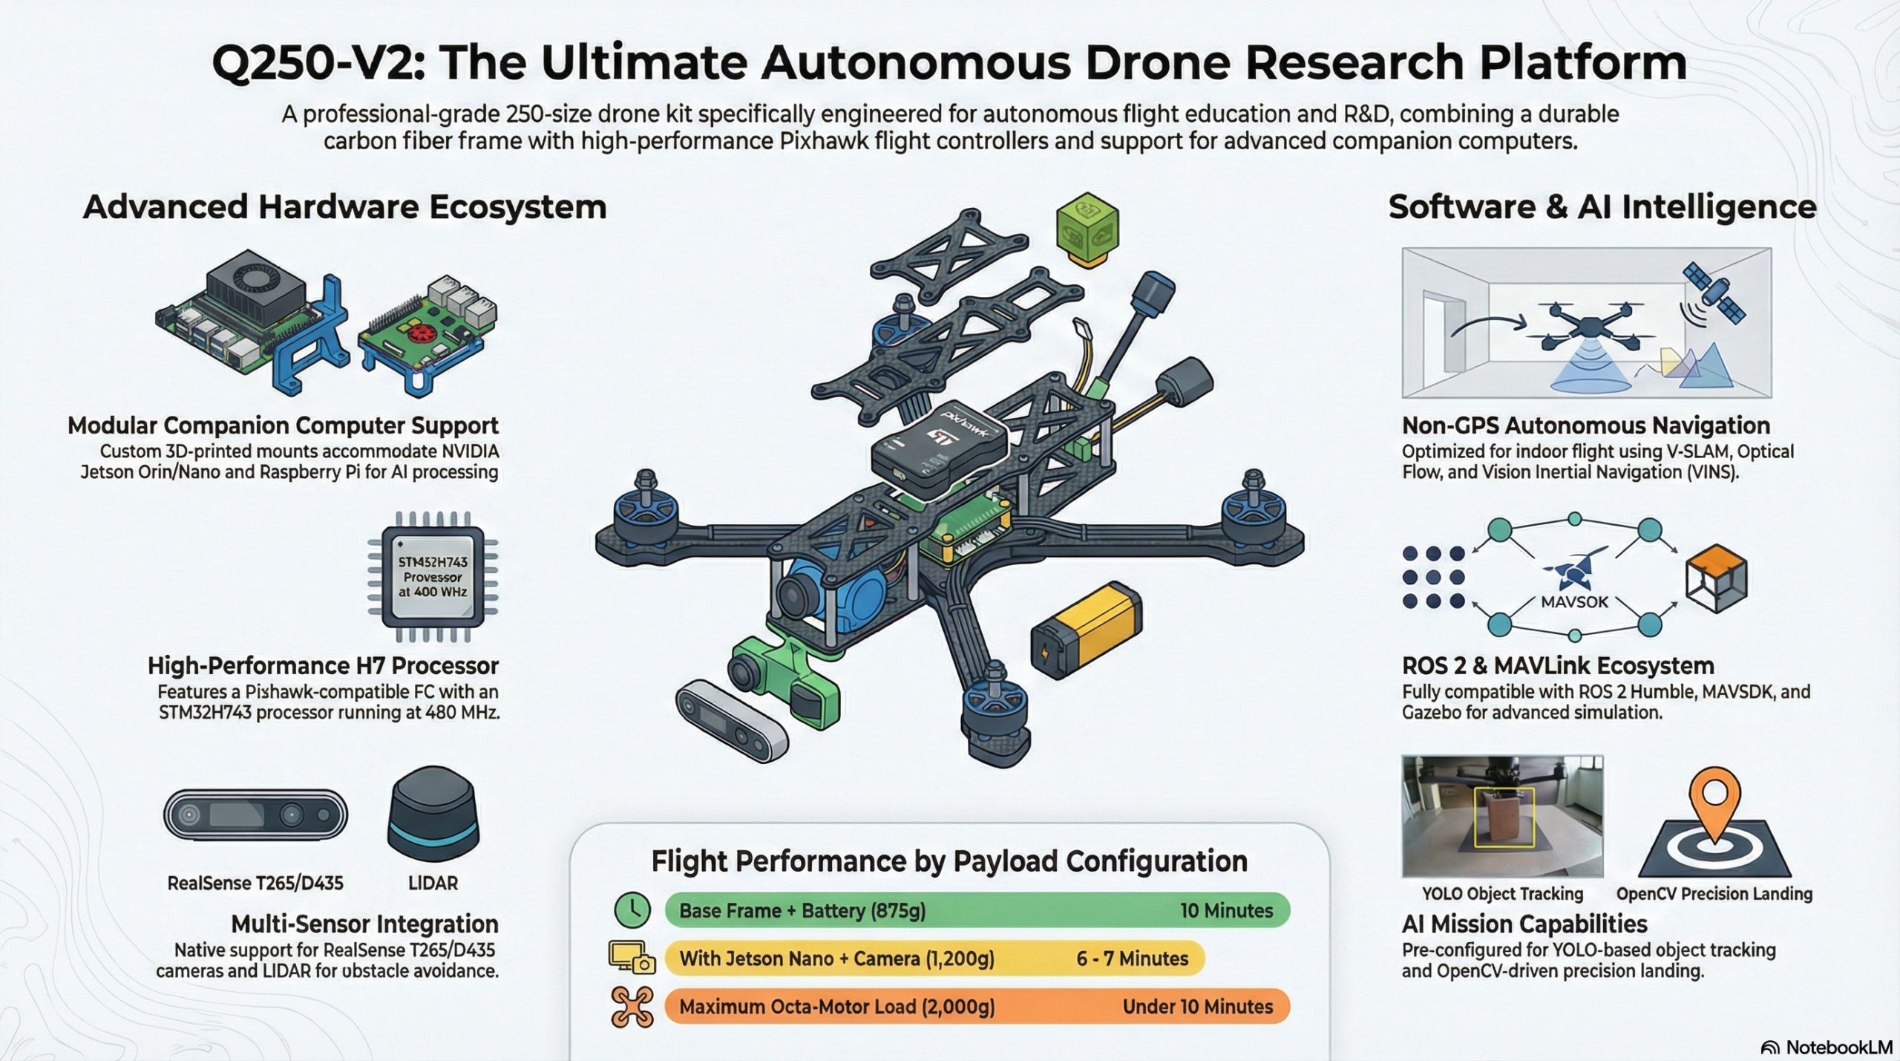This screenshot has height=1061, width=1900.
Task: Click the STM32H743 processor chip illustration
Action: pyautogui.click(x=433, y=576)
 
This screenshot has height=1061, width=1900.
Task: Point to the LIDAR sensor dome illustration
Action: pyautogui.click(x=433, y=814)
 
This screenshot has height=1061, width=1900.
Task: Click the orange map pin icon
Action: pyautogui.click(x=1714, y=805)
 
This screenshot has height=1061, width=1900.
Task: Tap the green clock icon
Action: pyautogui.click(x=632, y=910)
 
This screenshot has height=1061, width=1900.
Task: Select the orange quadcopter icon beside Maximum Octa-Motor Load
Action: pyautogui.click(x=632, y=1007)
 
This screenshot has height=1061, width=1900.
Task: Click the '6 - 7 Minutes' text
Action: pyautogui.click(x=1132, y=959)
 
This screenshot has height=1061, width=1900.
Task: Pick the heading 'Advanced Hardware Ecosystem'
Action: pyautogui.click(x=345, y=206)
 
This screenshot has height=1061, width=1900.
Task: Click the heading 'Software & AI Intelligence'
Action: pyautogui.click(x=1602, y=206)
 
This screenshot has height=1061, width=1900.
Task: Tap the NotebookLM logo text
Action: pyautogui.click(x=1839, y=1047)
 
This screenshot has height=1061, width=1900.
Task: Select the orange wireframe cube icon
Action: pyautogui.click(x=1717, y=578)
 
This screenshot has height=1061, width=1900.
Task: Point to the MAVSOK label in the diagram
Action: pyautogui.click(x=1574, y=602)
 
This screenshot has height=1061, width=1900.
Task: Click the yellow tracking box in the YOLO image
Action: pyautogui.click(x=1503, y=817)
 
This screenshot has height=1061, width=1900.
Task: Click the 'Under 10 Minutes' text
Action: pyautogui.click(x=1198, y=1007)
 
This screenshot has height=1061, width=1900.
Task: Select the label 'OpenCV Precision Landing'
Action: pyautogui.click(x=1714, y=894)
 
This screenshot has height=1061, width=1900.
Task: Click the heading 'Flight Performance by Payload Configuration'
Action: pyautogui.click(x=949, y=861)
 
